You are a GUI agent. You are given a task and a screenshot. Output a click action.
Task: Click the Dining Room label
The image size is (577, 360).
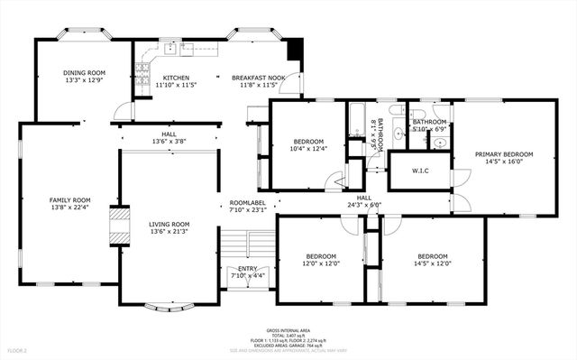pyautogui.click(x=84, y=73)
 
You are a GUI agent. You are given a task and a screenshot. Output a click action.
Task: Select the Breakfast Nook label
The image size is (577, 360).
pyautogui.click(x=258, y=78)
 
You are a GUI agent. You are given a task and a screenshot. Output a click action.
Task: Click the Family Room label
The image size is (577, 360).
pyautogui.click(x=69, y=199)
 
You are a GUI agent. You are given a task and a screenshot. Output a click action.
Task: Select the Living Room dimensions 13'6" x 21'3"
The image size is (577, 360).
pyautogui.click(x=169, y=231)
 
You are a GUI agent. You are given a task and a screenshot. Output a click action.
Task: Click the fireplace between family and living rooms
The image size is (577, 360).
pyautogui.click(x=118, y=226)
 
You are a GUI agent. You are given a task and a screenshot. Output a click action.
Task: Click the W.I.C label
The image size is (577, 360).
pyautogui.click(x=419, y=171)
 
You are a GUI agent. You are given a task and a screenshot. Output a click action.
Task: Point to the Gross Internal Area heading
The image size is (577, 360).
pyautogui.click(x=288, y=331)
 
